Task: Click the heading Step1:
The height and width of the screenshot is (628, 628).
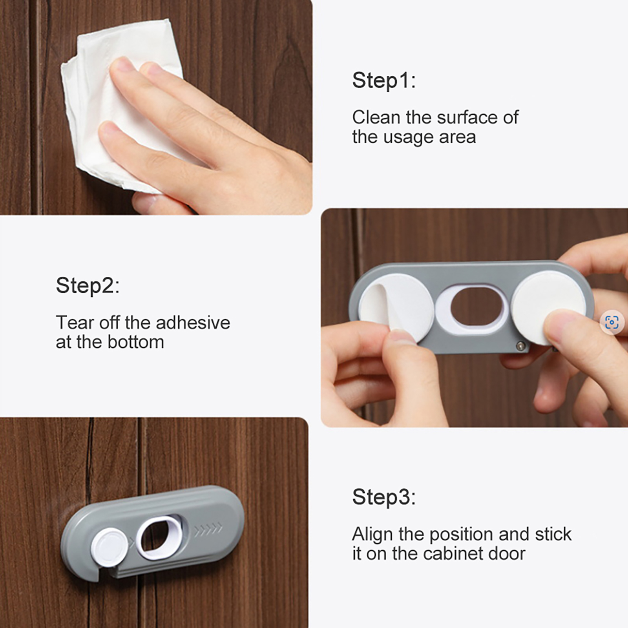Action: coord(383,80)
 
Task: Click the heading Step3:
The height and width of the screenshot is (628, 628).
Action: coord(383,497)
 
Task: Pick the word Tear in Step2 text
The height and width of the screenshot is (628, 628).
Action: coord(75,323)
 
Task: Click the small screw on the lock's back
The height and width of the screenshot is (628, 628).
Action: coord(520,346)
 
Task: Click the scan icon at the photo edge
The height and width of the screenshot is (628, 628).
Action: coord(612,323)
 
